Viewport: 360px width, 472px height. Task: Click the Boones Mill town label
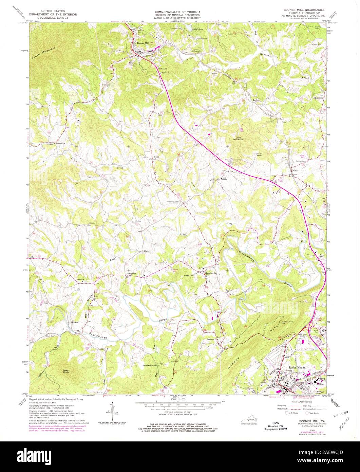click(143, 43)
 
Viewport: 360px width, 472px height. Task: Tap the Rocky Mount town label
click(295, 367)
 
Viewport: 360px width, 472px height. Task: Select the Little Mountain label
click(238, 138)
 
